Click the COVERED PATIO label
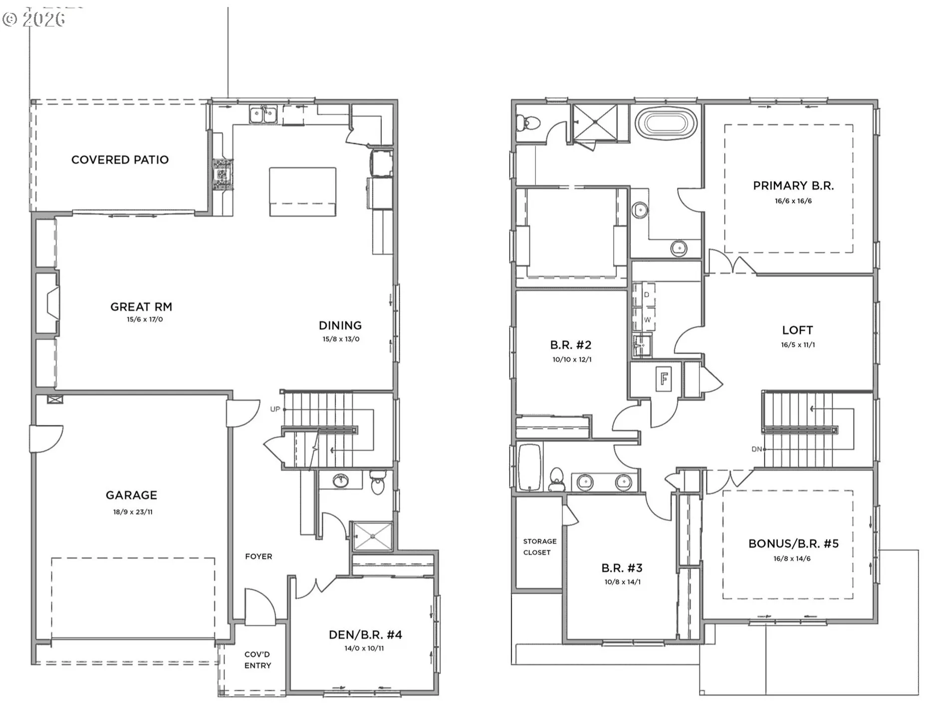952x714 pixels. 120,160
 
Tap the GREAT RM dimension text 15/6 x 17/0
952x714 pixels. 144,319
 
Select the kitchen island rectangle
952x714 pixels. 302,192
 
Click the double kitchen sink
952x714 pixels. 263,115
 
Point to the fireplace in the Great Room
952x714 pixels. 51,303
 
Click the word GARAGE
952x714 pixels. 131,495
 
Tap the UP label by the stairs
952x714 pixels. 275,409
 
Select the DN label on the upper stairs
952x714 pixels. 756,449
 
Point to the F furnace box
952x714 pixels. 664,379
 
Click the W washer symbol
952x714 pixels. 647,320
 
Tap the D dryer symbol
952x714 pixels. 647,295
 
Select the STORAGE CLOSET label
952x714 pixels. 539,547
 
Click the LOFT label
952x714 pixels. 797,330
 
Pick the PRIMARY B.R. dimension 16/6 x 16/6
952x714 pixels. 793,201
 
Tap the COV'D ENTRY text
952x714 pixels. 257,660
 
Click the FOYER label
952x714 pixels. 258,556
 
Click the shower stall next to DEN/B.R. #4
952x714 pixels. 372,536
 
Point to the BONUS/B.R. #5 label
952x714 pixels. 793,544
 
